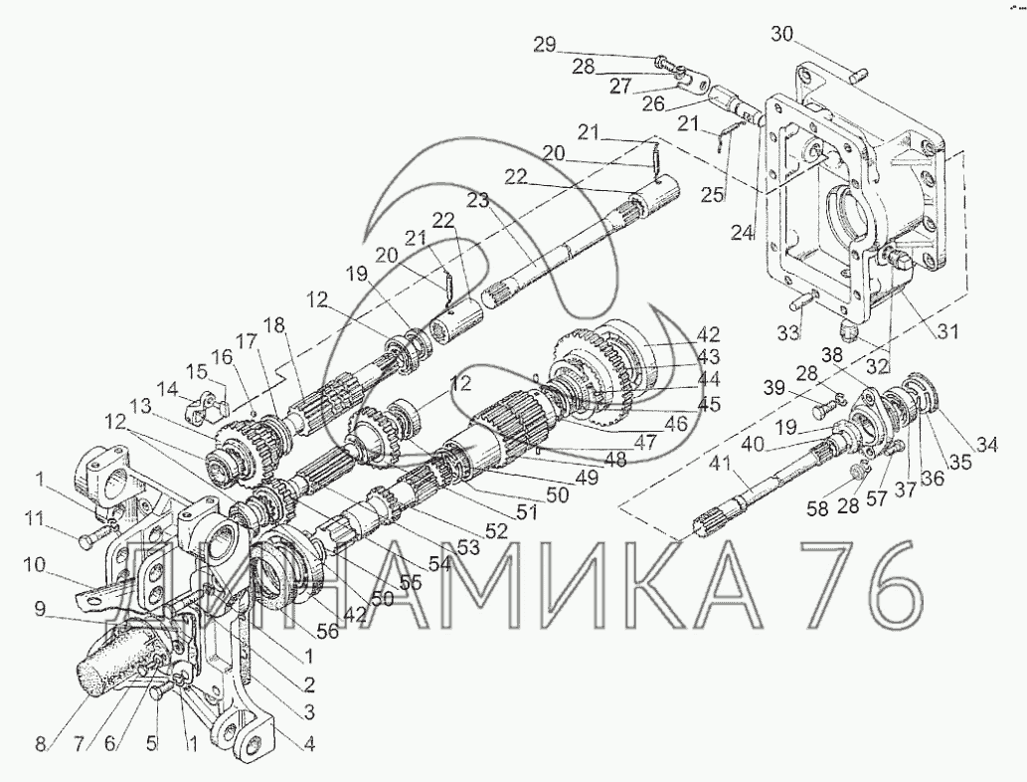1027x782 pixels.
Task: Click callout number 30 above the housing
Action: [x=783, y=34]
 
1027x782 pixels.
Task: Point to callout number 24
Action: [x=741, y=234]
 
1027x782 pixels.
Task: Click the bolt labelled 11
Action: [x=91, y=537]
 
